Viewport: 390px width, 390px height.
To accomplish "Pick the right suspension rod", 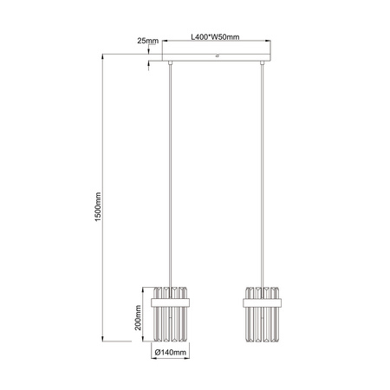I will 264,173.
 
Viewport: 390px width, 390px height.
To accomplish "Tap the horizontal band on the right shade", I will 264,301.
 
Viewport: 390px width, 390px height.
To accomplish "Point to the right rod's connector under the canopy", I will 264,67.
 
